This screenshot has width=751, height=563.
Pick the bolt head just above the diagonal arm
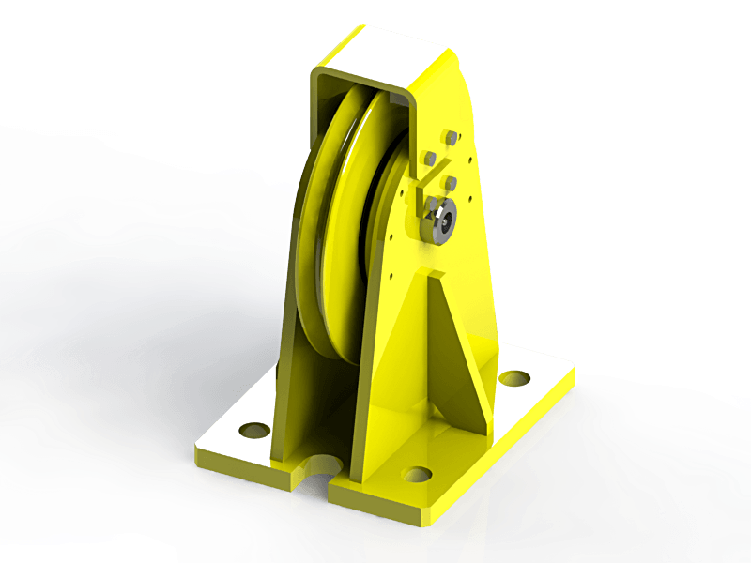tap(430, 158)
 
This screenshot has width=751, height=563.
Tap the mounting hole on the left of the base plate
tap(253, 431)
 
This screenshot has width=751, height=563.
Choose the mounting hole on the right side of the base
tap(514, 378)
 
